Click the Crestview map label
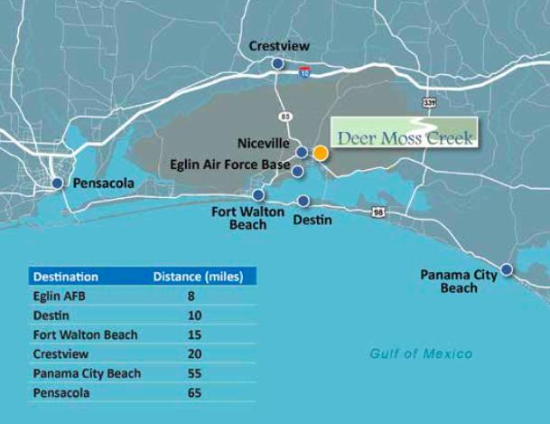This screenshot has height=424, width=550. pos(281,46)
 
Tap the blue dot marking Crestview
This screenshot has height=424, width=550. pos(277,63)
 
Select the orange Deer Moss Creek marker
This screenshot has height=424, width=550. pos(320,153)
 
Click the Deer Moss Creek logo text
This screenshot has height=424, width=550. pos(405,138)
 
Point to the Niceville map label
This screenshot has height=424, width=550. pos(265,143)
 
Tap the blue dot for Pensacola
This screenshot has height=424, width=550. pos(58,183)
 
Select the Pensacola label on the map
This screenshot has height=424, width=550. pos(103,184)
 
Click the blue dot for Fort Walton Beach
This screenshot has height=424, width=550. pos(258,194)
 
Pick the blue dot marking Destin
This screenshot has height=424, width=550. pos(303,201)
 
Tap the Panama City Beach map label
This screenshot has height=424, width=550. pos(459,281)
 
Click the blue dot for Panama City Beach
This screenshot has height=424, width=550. pos(507,269)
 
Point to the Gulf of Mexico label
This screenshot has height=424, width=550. pos(421,353)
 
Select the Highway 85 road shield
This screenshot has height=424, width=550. pos(286,116)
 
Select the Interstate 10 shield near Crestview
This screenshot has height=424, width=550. pos(306,70)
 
